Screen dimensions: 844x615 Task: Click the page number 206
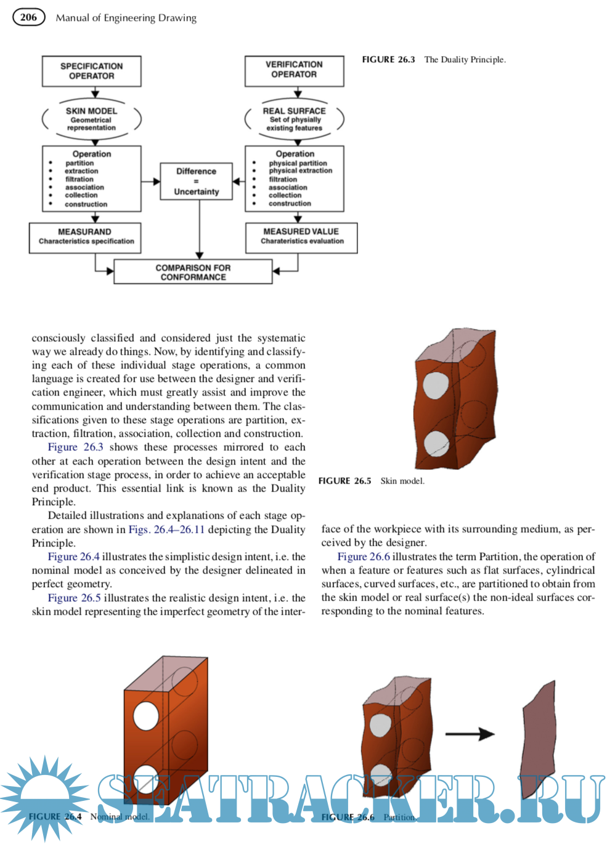coord(29,17)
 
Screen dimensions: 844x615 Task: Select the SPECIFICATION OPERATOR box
coord(91,71)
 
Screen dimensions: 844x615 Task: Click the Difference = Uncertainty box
coord(196,181)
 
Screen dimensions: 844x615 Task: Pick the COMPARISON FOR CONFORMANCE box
coord(193,272)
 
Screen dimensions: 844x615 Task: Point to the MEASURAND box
coord(85,237)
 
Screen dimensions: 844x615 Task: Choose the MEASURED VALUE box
coord(301,237)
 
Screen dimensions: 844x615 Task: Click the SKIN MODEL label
coord(91,111)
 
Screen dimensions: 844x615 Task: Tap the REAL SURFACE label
coord(294,111)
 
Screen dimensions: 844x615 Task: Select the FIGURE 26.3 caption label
coord(388,60)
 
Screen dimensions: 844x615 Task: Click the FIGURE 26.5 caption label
coord(344,481)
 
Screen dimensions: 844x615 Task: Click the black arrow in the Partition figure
coord(470,734)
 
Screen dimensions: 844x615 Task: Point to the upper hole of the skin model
coord(435,386)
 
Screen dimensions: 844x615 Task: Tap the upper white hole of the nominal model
coord(146,716)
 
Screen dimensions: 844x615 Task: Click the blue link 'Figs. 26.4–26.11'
coord(166,530)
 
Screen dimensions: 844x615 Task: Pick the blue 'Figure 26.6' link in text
coord(364,557)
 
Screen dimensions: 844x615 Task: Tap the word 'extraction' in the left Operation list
coord(81,171)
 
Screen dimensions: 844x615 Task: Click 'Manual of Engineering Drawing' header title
coord(126,18)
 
